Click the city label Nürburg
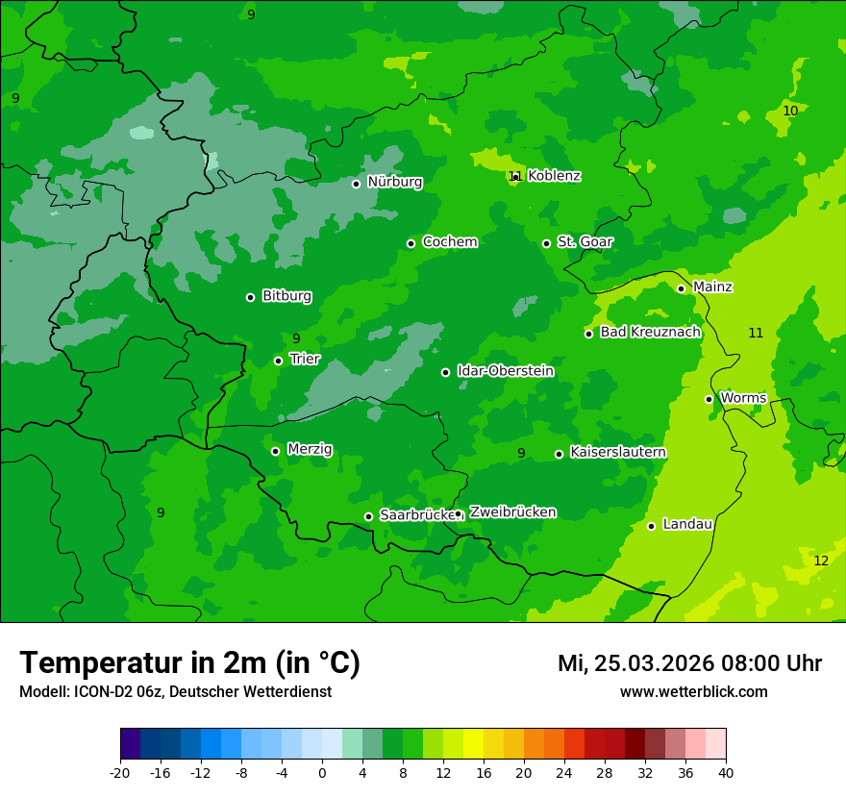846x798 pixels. (394, 182)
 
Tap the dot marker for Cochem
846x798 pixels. (411, 243)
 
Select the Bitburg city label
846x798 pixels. (286, 296)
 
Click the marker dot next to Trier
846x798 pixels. (278, 361)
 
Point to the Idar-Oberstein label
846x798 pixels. (505, 370)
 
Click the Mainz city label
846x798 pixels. (712, 287)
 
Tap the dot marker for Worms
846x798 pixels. (709, 399)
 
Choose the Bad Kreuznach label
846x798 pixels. (650, 332)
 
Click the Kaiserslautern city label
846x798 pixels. (618, 452)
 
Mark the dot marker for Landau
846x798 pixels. (651, 526)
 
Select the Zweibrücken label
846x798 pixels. (512, 511)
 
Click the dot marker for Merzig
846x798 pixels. (275, 451)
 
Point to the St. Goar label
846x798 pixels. (585, 241)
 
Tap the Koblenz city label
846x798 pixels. (554, 176)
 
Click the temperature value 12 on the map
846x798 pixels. (821, 561)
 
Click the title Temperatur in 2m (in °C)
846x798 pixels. (189, 662)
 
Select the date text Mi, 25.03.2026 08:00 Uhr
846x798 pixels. (689, 663)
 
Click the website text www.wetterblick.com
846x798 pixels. (693, 692)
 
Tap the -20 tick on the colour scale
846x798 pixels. (120, 773)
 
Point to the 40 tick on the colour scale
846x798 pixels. (726, 773)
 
